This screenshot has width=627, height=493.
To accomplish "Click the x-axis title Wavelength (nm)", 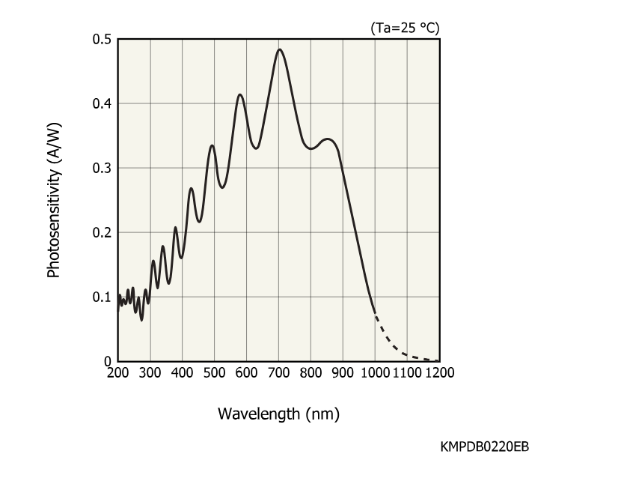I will (278, 414).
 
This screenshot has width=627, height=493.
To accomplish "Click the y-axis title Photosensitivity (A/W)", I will (53, 200).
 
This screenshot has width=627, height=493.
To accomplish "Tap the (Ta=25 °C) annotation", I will (404, 28).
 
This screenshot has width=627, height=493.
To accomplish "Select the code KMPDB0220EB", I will (485, 447).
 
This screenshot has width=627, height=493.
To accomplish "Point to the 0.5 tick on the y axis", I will (103, 39).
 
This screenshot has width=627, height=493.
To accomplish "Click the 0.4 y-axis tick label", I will (103, 103).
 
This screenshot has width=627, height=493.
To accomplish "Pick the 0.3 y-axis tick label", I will (103, 168).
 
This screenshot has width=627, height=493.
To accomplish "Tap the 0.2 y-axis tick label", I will (103, 232).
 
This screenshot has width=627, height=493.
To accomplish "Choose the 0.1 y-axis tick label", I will (103, 297).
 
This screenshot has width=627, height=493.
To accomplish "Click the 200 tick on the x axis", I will (118, 372).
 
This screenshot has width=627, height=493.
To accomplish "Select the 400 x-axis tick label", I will (183, 372).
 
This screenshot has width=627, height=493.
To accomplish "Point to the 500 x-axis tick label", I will (215, 372).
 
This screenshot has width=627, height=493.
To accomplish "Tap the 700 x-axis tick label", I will (279, 372).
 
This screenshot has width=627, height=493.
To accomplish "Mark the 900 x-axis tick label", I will (343, 372).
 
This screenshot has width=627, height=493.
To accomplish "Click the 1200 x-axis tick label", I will (438, 372).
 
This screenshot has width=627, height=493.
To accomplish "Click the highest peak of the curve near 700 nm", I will (280, 49).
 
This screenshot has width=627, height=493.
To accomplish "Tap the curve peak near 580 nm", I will (240, 94).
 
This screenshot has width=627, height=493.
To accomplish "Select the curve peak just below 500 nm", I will (212, 145).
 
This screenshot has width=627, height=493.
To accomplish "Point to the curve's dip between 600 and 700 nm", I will (257, 148).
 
